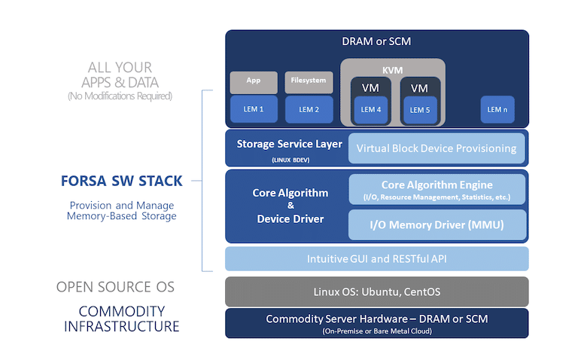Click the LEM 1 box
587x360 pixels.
click(254, 109)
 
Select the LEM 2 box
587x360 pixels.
click(309, 109)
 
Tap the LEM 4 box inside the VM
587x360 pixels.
click(370, 110)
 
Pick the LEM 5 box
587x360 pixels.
click(420, 110)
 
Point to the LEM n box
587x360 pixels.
click(497, 109)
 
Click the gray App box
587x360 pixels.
click(254, 82)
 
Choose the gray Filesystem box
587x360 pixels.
click(309, 82)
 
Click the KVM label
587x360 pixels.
click(392, 70)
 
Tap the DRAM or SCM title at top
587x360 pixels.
click(376, 41)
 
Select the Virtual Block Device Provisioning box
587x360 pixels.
click(436, 148)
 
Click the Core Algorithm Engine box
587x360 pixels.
click(437, 189)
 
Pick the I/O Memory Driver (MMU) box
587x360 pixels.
click(437, 224)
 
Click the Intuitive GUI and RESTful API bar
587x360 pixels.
click(376, 259)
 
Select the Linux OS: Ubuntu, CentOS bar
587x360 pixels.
click(376, 291)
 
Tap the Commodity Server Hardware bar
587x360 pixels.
click(376, 323)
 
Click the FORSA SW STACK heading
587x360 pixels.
click(122, 181)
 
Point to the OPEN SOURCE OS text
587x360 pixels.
click(115, 287)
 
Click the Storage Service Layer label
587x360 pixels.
click(290, 144)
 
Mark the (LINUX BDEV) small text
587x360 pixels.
click(290, 160)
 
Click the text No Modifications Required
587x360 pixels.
click(120, 96)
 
